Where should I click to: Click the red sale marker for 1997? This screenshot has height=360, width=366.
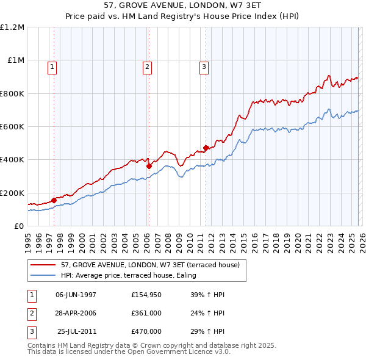[54, 200]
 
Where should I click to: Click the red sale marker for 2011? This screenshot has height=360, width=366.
[206, 147]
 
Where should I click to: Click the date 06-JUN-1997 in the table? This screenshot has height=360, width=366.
[76, 295]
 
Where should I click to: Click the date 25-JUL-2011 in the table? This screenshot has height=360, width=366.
[76, 331]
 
